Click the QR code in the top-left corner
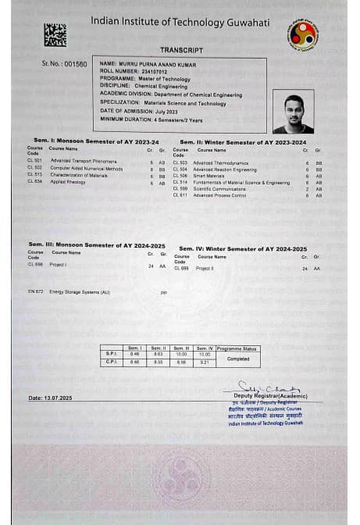point(55,34)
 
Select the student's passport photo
point(293,112)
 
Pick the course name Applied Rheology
point(68,181)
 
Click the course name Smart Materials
point(209,176)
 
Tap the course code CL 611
point(180,195)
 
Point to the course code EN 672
point(35,291)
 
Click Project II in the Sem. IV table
point(205,268)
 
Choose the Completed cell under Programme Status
point(238,359)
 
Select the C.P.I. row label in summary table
point(111,362)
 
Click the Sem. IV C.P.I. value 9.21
point(205,362)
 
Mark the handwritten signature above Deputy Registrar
point(261,387)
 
